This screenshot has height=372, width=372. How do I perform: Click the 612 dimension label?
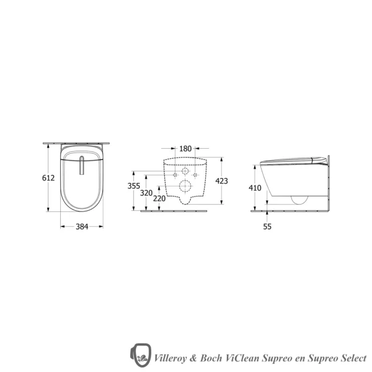point(48,178)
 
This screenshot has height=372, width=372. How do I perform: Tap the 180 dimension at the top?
point(185,149)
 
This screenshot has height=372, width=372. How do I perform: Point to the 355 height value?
point(133,186)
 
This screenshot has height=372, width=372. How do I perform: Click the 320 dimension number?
point(146,193)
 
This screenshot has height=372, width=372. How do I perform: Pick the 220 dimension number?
point(159,199)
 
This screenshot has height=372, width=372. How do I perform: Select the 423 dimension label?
point(221,181)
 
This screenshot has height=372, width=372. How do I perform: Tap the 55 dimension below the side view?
point(267,226)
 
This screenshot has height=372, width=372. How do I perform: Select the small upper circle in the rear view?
point(185,172)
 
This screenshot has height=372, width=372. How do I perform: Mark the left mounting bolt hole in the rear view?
point(174,175)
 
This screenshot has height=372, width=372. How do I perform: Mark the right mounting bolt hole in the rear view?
point(195,175)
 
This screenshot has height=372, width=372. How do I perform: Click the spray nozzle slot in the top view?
point(81,166)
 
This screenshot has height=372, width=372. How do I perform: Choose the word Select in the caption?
point(352,358)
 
